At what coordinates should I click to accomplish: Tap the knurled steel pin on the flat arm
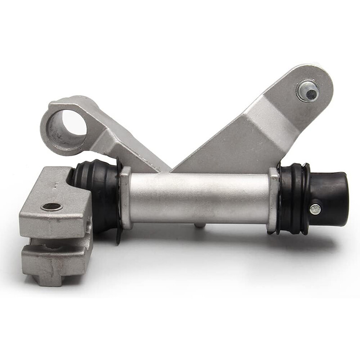tap(309, 91)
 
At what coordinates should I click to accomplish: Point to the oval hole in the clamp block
tap(52, 207)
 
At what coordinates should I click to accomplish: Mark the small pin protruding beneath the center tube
tap(198, 225)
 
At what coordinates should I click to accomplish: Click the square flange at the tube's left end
tap(126, 198)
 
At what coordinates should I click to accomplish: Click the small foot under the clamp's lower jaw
tap(49, 279)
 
